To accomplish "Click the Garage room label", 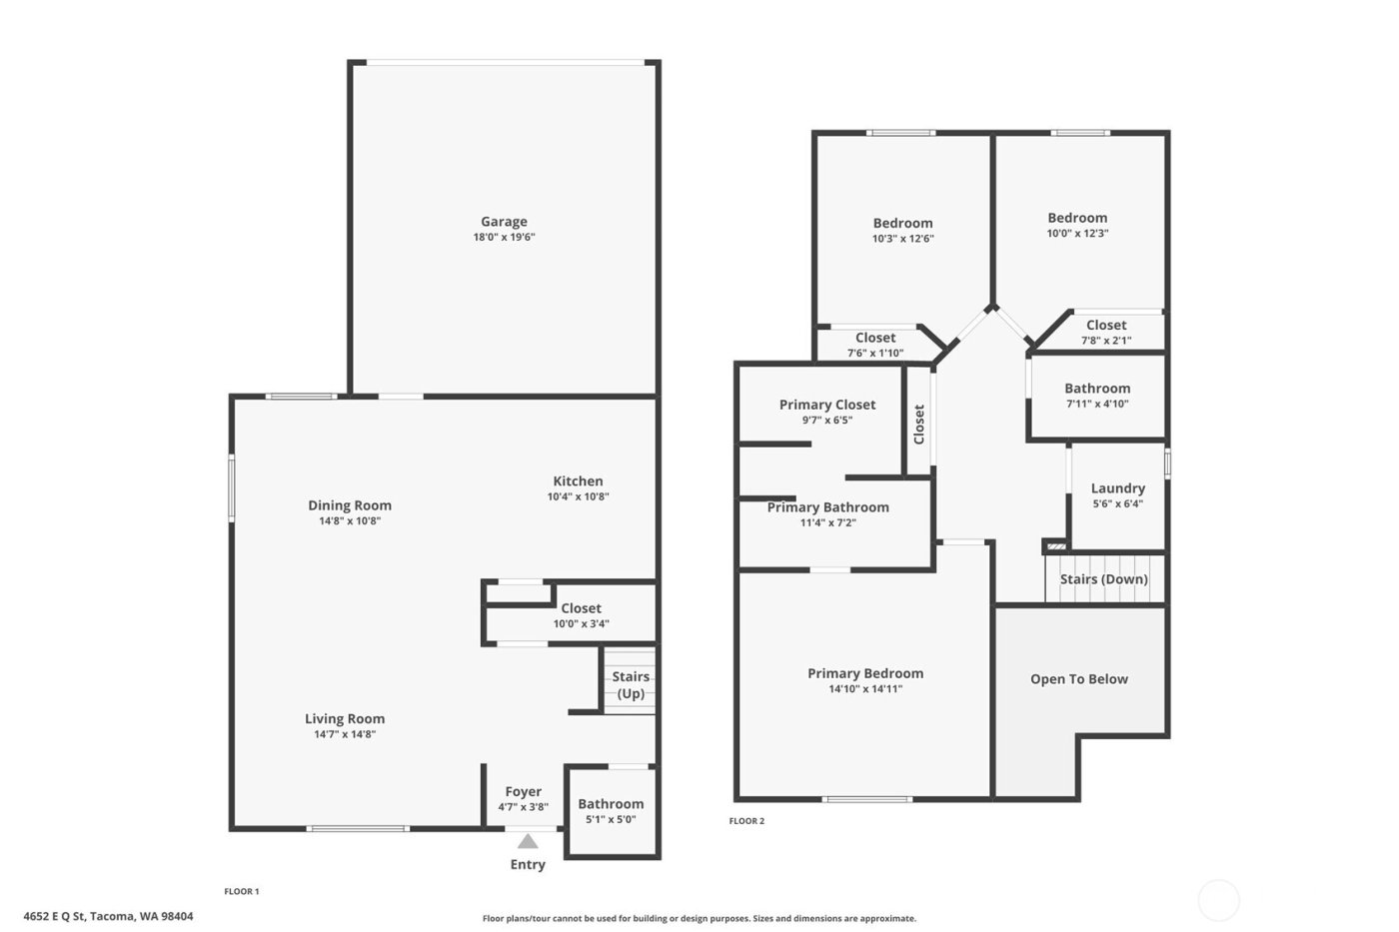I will pyautogui.click(x=504, y=222).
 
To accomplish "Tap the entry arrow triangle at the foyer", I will pyautogui.click(x=528, y=841).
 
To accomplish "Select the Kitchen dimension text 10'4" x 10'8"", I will pyautogui.click(x=578, y=496).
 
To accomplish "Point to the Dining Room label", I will pyautogui.click(x=349, y=505).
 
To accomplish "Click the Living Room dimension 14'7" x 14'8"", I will pyautogui.click(x=344, y=734).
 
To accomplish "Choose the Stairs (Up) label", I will pyautogui.click(x=631, y=685).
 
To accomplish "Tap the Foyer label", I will pyautogui.click(x=523, y=791).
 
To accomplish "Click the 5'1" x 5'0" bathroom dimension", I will pyautogui.click(x=611, y=820).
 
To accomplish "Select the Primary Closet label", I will pyautogui.click(x=826, y=405).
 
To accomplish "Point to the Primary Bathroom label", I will pyautogui.click(x=827, y=507).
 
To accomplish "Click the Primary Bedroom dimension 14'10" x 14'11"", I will pyautogui.click(x=865, y=688).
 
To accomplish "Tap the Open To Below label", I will pyautogui.click(x=1078, y=679).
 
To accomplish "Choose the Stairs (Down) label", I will pyautogui.click(x=1103, y=579).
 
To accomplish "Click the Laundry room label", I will pyautogui.click(x=1117, y=488).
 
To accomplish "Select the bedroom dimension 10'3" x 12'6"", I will pyautogui.click(x=902, y=239).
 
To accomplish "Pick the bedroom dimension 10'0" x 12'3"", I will pyautogui.click(x=1077, y=233).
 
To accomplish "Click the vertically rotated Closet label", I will pyautogui.click(x=919, y=425).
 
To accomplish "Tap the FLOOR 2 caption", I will pyautogui.click(x=746, y=821).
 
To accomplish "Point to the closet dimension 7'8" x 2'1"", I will pyautogui.click(x=1105, y=341).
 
